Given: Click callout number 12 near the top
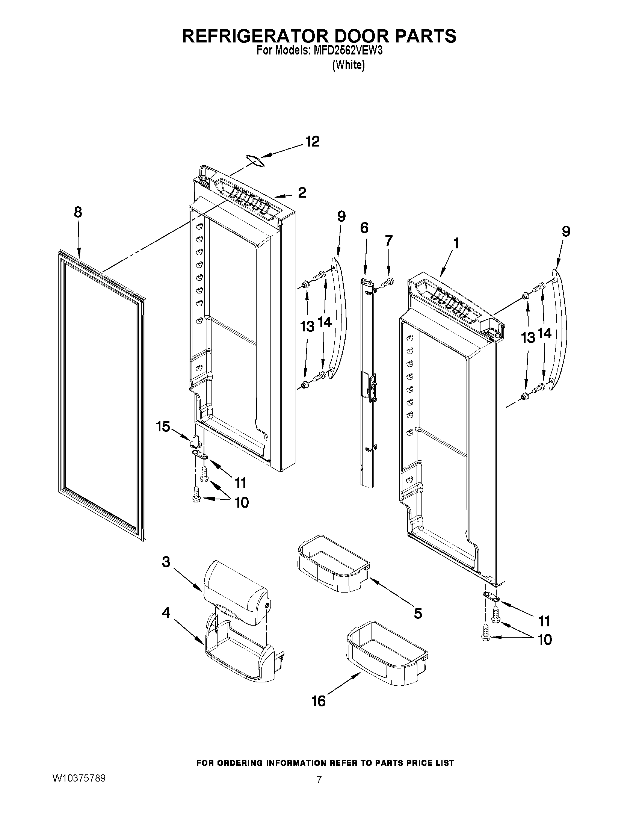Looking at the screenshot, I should click(313, 142).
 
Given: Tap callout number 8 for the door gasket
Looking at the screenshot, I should click(78, 212).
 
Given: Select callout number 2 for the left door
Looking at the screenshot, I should click(302, 193).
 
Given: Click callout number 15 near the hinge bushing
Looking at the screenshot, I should click(163, 427).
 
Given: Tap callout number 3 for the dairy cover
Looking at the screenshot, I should click(166, 562).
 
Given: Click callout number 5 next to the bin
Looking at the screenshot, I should click(418, 613).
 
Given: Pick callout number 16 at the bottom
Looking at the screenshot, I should click(318, 701).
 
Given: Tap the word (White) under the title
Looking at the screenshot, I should click(348, 65).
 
